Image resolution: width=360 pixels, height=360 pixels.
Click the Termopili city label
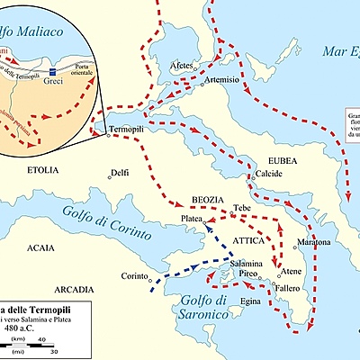(127, 130)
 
